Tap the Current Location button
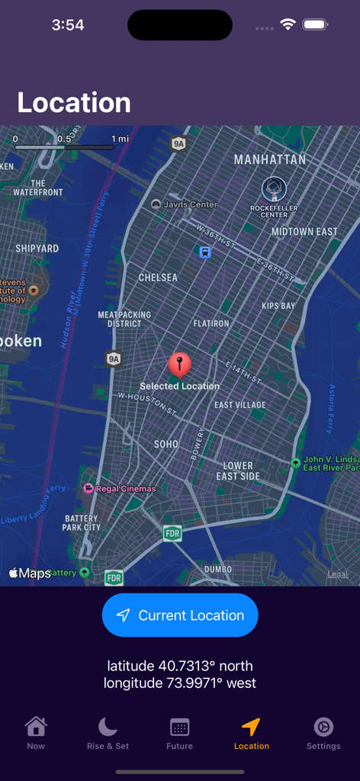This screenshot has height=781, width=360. [180, 615]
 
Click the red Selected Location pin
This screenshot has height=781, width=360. [179, 364]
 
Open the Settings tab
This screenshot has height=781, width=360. [323, 733]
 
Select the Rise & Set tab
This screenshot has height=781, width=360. [108, 733]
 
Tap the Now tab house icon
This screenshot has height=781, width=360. [36, 726]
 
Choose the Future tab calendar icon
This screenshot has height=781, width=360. [179, 727]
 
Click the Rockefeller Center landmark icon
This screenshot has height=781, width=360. [274, 189]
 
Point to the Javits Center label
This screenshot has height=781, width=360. [191, 204]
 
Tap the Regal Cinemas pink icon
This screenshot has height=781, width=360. [88, 488]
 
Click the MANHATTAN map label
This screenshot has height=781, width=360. [269, 159]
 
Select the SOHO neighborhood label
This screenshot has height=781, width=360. [166, 444]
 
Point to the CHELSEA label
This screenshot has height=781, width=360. [158, 278]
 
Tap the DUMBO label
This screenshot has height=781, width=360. [218, 569]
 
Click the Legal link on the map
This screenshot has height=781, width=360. [337, 574]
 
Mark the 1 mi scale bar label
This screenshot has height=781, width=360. [120, 139]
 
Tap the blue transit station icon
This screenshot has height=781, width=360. [205, 252]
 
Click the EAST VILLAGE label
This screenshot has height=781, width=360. [240, 405]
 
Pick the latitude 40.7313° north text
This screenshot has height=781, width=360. [180, 666]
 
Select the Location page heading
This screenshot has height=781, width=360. [74, 102]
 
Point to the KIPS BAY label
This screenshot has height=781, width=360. [278, 306]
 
